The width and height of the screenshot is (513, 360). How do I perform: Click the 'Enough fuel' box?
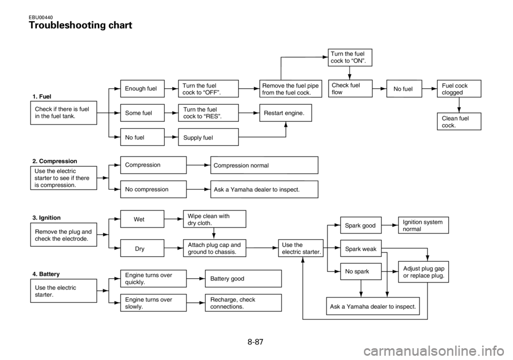click(142, 88)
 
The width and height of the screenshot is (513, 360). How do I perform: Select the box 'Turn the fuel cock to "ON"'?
click(349, 57)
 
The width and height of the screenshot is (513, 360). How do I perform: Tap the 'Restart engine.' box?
click(285, 113)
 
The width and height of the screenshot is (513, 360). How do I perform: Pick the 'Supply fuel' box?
click(208, 138)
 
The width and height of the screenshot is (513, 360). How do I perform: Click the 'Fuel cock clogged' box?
click(458, 89)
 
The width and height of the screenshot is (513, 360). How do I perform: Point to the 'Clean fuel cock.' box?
click(458, 121)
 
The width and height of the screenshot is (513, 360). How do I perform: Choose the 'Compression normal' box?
click(264, 166)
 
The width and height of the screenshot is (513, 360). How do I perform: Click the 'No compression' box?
click(153, 189)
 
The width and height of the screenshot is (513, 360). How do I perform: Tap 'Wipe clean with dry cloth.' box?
click(214, 219)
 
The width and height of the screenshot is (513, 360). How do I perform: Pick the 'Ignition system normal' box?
click(423, 225)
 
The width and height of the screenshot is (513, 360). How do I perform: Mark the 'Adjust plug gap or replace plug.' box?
click(423, 272)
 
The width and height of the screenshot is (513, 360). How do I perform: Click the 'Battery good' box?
click(243, 279)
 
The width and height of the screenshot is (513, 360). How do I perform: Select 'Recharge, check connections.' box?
click(243, 303)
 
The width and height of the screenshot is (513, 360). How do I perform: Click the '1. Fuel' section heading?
click(42, 96)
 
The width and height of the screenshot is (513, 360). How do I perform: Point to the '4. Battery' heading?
click(46, 274)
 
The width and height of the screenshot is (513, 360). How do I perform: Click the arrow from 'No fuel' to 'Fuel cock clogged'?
click(429, 89)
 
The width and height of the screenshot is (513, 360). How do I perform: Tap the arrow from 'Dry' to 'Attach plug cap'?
click(173, 248)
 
